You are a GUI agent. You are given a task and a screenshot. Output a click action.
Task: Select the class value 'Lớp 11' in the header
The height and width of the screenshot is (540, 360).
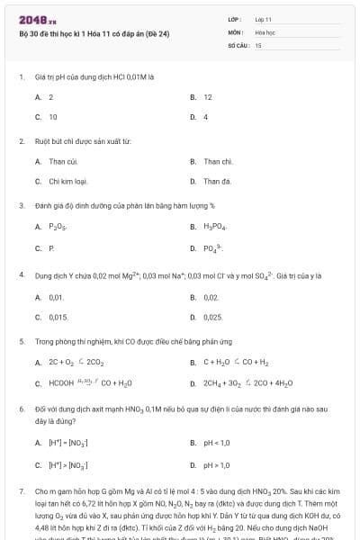pyautogui.click(x=263, y=18)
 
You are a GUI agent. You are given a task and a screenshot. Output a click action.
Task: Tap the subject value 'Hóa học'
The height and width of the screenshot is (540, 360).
pyautogui.click(x=265, y=31)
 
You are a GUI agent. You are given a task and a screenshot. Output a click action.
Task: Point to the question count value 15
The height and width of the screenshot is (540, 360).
pyautogui.click(x=258, y=43)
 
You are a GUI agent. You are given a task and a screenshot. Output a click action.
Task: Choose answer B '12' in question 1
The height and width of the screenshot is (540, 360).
pyautogui.click(x=208, y=96)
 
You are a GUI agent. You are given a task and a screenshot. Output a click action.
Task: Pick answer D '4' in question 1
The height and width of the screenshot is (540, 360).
pyautogui.click(x=205, y=116)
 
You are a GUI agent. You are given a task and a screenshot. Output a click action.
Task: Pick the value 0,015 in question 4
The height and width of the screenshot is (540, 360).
pyautogui.click(x=58, y=317)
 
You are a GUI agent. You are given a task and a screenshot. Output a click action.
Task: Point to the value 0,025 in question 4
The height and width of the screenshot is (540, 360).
pyautogui.click(x=213, y=317)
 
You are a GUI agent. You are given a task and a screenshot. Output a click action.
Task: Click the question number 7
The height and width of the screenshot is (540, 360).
pyautogui.click(x=21, y=492)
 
